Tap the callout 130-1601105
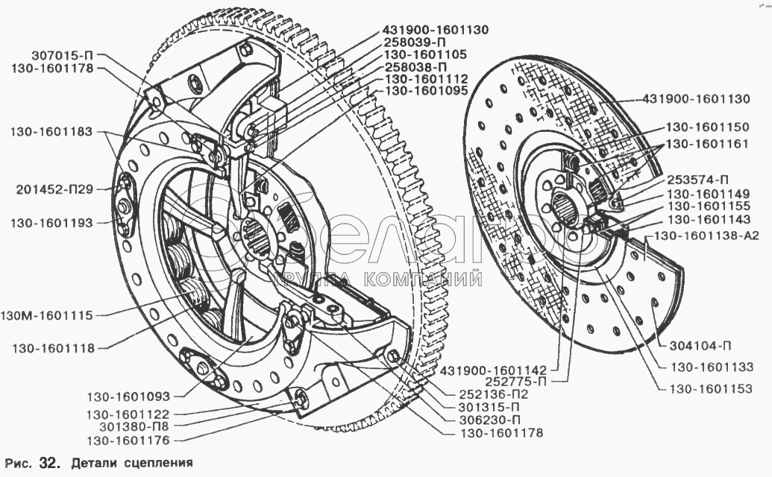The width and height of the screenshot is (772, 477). [424, 54]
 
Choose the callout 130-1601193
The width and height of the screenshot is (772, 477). [51, 222]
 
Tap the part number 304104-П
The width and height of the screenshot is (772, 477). [700, 346]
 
